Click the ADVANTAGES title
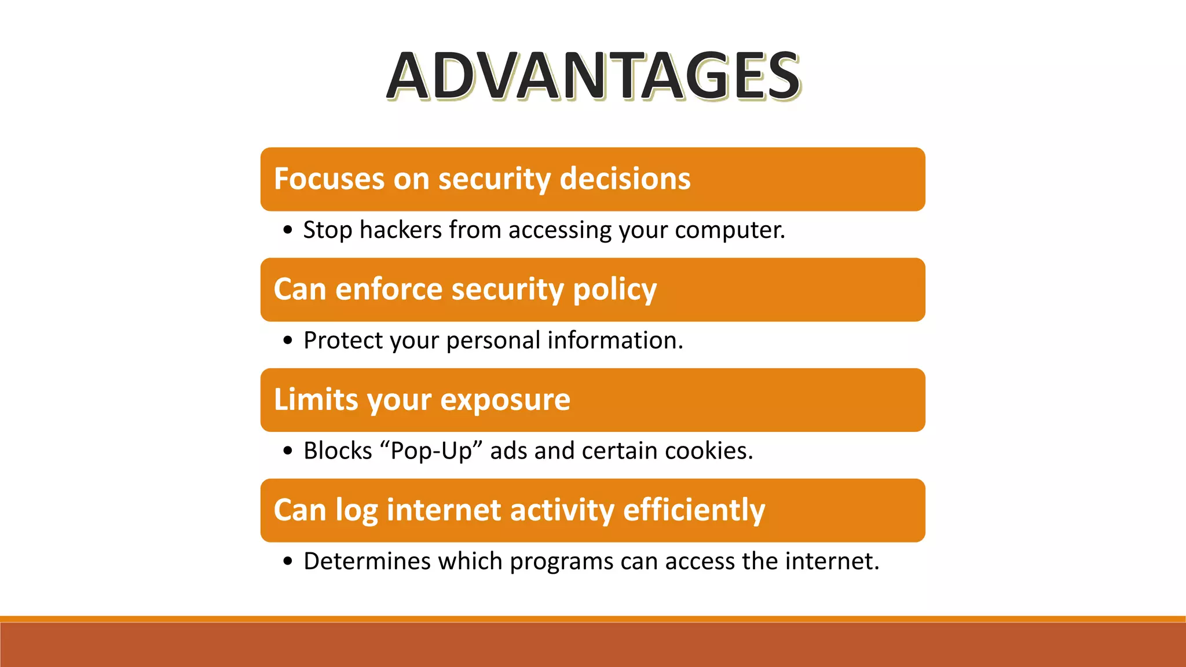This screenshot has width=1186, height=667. tap(594, 76)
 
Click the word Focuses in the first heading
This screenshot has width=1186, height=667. tap(329, 178)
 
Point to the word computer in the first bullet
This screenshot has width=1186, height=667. tap(729, 230)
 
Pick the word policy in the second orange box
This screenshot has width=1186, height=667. tap(614, 290)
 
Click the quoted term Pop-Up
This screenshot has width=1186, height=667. tap(431, 451)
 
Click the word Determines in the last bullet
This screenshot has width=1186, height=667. tap(367, 561)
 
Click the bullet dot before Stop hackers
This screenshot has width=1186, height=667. tap(288, 230)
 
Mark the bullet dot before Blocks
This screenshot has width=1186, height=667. tap(288, 451)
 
